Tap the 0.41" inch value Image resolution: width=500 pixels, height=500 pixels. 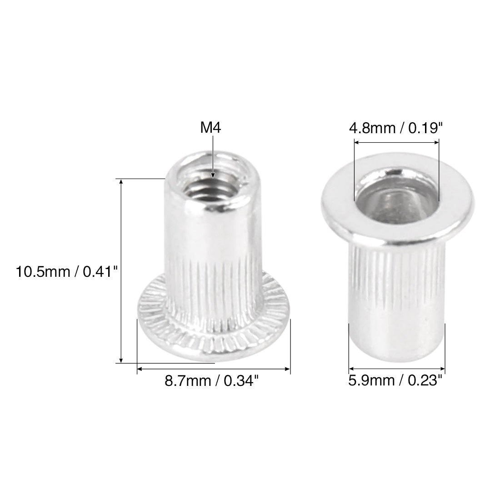100,272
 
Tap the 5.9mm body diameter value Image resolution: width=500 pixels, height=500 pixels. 371,380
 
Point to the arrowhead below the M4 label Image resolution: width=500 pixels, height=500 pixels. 213,175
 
